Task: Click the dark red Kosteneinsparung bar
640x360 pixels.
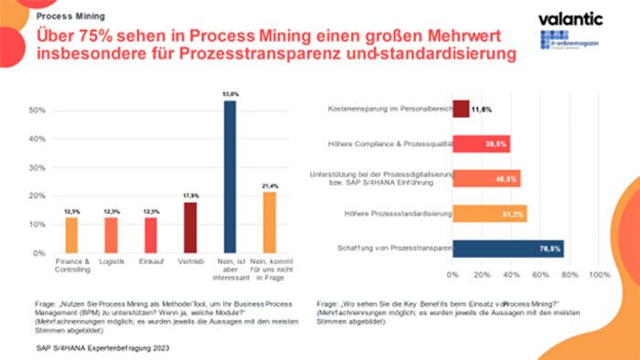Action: tap(461, 110)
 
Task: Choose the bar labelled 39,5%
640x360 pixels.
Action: tap(481, 143)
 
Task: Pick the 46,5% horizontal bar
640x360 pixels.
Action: tap(485, 178)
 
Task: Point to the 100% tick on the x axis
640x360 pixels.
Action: tap(597, 273)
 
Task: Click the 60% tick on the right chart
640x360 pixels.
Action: tap(539, 273)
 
